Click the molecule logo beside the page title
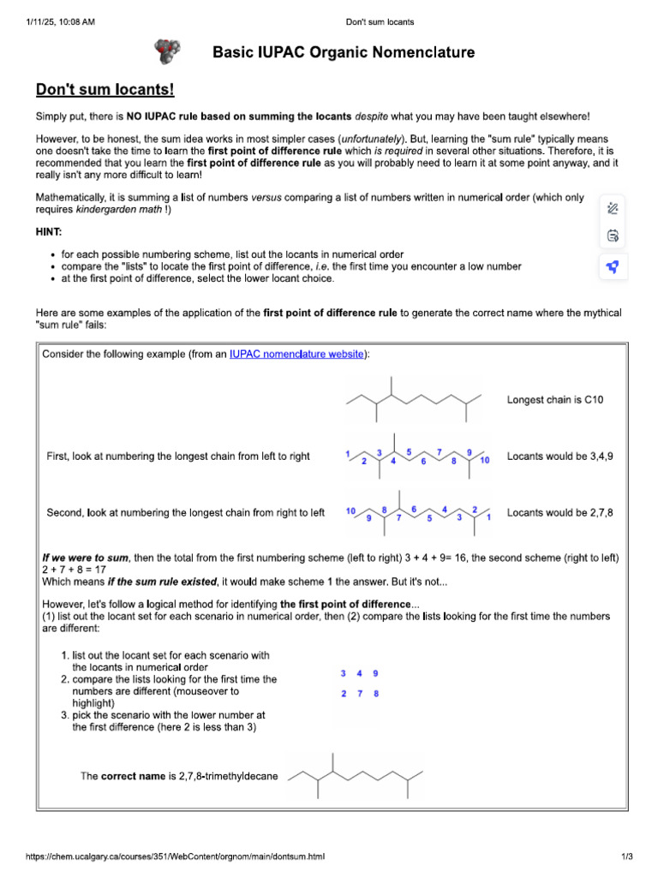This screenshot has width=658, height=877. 168,52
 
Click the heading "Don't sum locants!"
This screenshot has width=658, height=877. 105,89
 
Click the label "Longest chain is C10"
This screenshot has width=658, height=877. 555,399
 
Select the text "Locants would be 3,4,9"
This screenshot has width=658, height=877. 560,456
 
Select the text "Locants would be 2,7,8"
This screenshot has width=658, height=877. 560,513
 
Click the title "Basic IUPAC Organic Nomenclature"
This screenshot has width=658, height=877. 343,53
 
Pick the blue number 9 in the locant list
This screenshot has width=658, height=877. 375,674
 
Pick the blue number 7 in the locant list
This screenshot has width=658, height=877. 359,693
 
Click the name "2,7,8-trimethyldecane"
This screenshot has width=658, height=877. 228,776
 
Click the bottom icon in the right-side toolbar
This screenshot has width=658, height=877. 613,266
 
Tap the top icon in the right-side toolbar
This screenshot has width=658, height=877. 613,207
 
